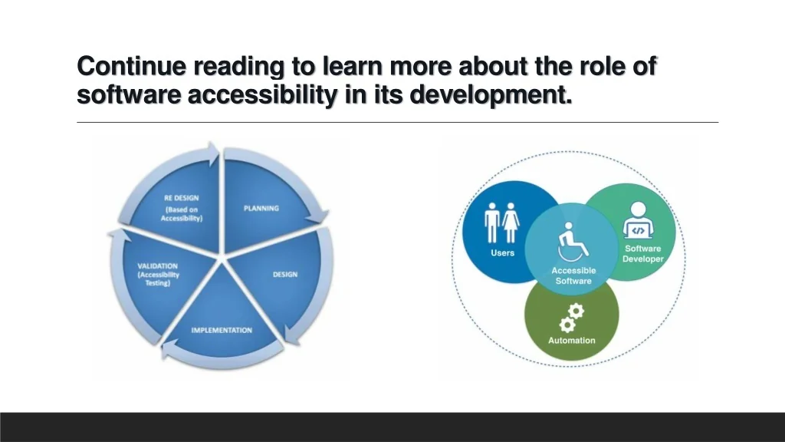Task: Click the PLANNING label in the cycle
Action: (x=261, y=209)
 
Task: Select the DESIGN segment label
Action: (x=285, y=275)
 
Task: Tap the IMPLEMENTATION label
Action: (x=222, y=330)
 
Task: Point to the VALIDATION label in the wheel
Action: (x=158, y=266)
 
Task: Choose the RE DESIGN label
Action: (x=181, y=198)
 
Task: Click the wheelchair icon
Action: (x=573, y=242)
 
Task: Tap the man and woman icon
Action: (x=501, y=223)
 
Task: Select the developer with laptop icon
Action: (x=638, y=220)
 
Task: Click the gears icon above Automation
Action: (x=571, y=318)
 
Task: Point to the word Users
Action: (x=502, y=253)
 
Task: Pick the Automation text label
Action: (x=572, y=340)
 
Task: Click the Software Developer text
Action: (x=643, y=253)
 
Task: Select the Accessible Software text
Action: (x=573, y=275)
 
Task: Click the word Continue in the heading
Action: (x=132, y=66)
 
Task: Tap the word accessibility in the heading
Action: (x=262, y=95)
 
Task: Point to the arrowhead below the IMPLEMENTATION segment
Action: (x=169, y=349)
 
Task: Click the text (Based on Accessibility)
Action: (x=181, y=214)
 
